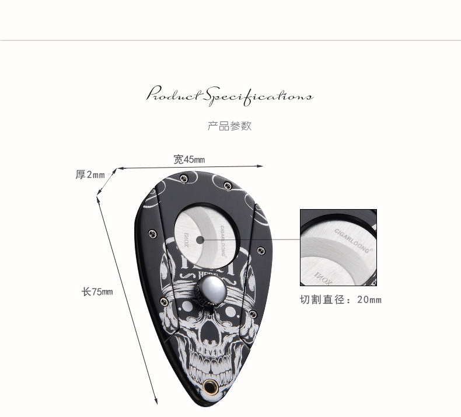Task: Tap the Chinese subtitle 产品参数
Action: coord(230,126)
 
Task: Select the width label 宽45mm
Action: coord(189,159)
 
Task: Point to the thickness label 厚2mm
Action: coord(90,175)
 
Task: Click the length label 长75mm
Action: coord(96,291)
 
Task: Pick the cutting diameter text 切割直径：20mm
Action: coord(340,300)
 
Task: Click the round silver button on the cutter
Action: coord(209,290)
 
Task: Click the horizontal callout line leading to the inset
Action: coord(251,239)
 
